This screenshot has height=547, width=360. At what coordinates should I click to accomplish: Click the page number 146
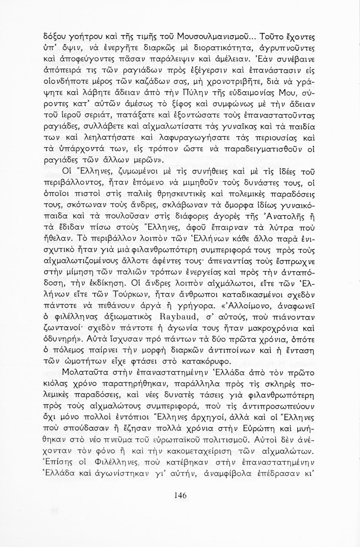180,495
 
